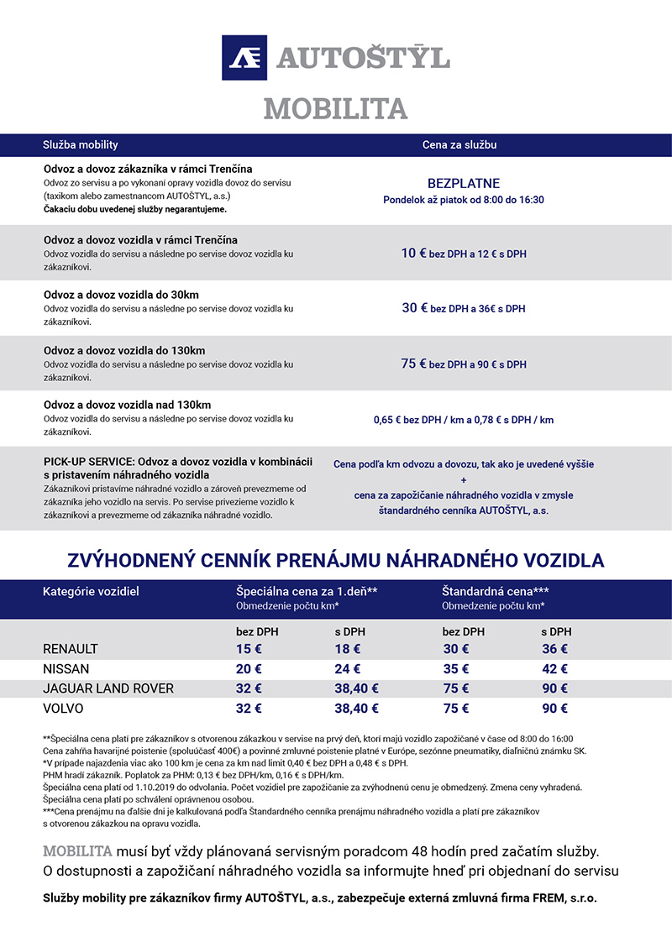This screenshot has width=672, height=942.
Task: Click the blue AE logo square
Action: point(244,58)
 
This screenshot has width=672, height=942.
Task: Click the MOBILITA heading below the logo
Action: point(335,108)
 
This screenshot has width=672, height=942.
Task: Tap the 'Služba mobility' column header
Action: point(81,145)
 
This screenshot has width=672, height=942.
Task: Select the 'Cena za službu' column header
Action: point(459,145)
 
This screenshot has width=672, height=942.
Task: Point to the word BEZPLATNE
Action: point(464,183)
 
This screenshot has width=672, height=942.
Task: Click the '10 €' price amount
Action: point(414,253)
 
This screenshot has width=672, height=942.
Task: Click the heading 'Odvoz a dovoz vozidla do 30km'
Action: point(121,295)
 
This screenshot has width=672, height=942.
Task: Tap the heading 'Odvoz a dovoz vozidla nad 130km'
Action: point(127,406)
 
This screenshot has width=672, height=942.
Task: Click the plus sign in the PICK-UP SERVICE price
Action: point(464,479)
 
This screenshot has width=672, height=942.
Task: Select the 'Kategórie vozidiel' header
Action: point(91,591)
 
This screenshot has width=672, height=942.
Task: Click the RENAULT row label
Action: point(71,649)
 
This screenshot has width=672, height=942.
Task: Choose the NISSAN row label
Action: point(66,669)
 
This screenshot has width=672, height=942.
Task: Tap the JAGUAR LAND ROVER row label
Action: point(108,688)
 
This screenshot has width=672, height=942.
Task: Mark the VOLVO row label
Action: point(63,709)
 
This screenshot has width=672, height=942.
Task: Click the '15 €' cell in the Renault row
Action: point(249,649)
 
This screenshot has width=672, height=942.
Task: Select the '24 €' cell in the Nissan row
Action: point(347,669)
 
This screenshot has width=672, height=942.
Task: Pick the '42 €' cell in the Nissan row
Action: point(554,669)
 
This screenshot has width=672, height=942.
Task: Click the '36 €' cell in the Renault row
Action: point(554,649)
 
